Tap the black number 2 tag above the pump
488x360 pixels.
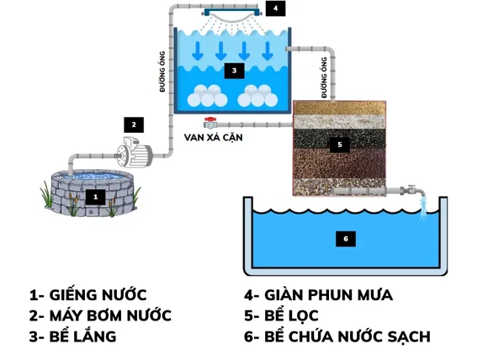(132, 124)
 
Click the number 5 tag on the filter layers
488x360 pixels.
(340, 144)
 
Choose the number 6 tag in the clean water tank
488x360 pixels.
(343, 238)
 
